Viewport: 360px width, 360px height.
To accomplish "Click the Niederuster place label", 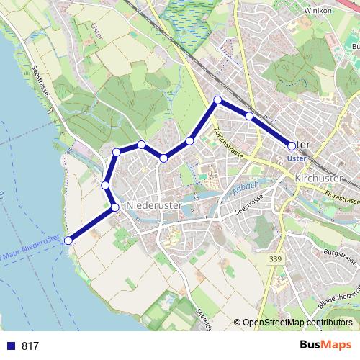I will click(156, 206).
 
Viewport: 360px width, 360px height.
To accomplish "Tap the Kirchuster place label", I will click(322, 178).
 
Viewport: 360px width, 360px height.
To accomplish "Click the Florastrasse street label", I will click(341, 195).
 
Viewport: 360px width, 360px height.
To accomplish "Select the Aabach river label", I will click(246, 189).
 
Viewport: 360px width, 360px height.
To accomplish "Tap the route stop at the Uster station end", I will click(292, 145).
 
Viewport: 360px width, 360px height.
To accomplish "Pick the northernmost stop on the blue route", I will click(217, 100).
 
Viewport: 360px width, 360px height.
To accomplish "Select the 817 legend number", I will click(30, 346).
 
